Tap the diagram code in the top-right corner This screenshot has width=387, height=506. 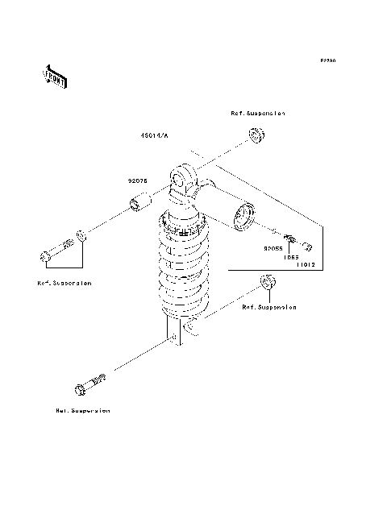[x=327, y=60]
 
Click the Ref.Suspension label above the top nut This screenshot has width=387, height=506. [x=257, y=114]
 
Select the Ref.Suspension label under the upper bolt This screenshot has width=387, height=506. [x=64, y=284]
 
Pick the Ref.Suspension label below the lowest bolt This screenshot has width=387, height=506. [x=82, y=410]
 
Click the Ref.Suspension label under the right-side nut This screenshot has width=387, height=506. [x=269, y=307]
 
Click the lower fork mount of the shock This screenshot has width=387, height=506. [x=179, y=332]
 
